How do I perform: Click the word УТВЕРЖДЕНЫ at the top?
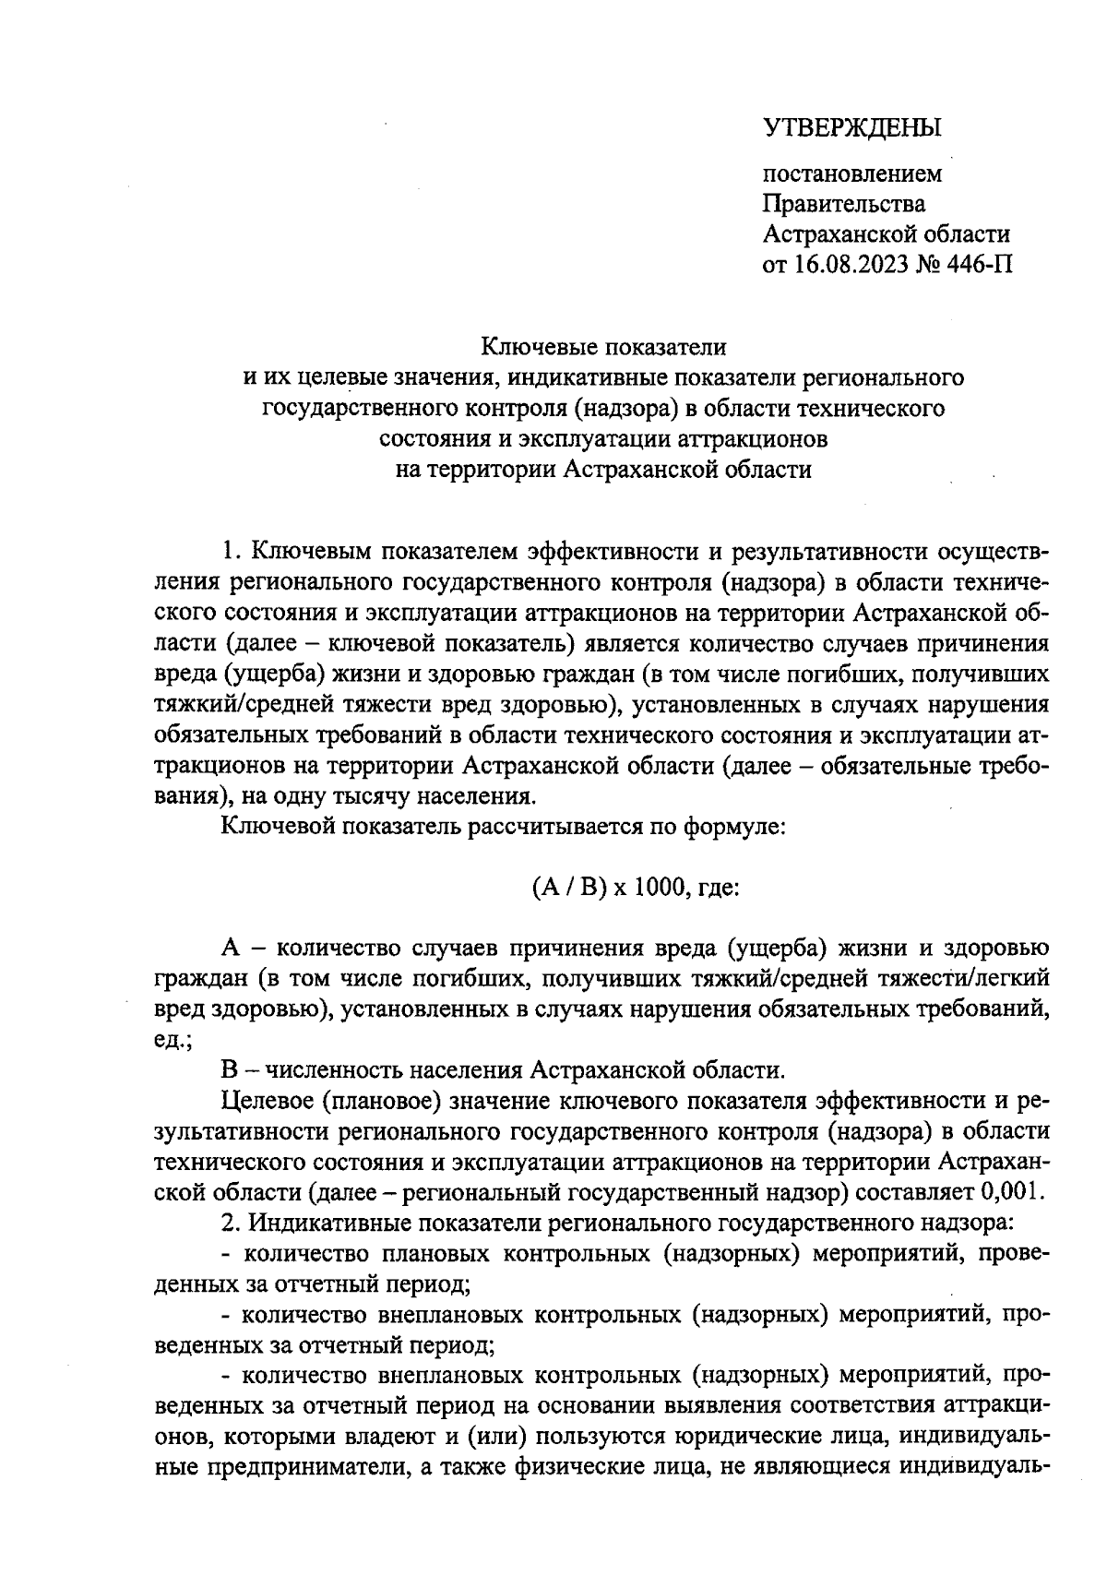[852, 128]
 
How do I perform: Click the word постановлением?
[852, 173]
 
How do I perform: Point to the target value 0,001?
[1013, 1191]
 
